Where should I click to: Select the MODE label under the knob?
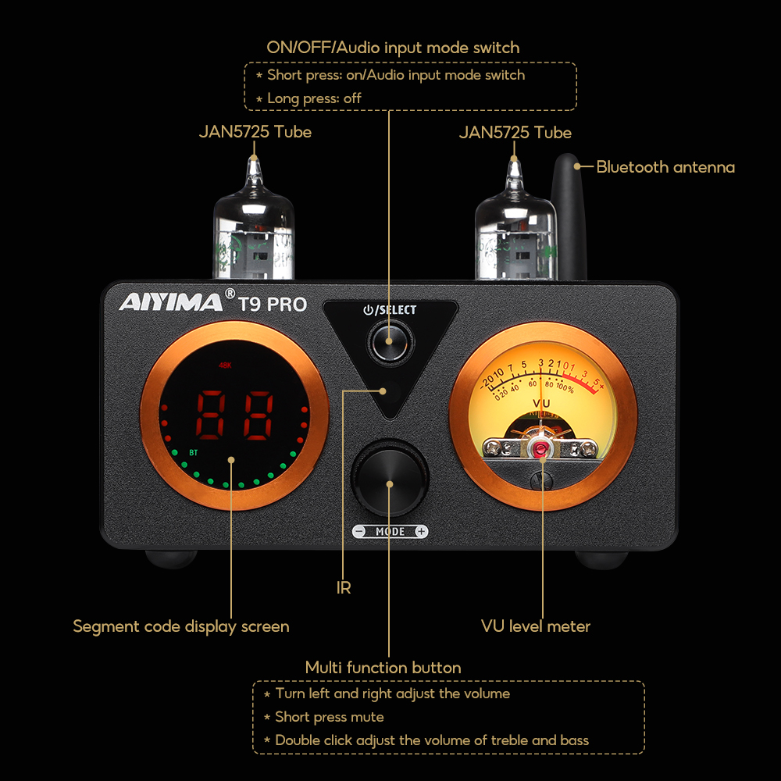click(x=390, y=532)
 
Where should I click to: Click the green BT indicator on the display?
click(x=193, y=451)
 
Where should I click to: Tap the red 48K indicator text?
click(x=226, y=365)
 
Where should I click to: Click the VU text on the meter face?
click(x=540, y=404)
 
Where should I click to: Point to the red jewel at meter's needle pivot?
click(x=540, y=448)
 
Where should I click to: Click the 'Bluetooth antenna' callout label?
click(x=665, y=166)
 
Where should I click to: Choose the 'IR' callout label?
click(x=344, y=587)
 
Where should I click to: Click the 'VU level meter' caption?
click(x=536, y=626)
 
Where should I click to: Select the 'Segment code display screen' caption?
click(x=181, y=626)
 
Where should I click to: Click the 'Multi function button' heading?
click(x=383, y=668)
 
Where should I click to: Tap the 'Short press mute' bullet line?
click(x=329, y=716)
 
